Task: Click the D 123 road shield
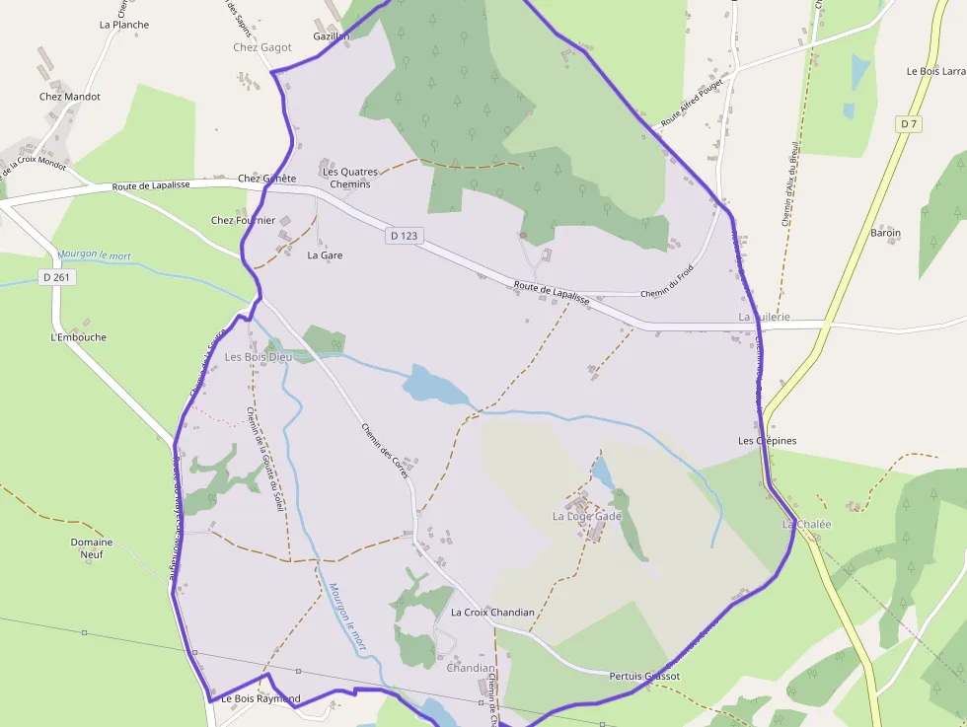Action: pyautogui.click(x=405, y=236)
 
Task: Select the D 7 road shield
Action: pyautogui.click(x=909, y=123)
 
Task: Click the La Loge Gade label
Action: pyautogui.click(x=587, y=516)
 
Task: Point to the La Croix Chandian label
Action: pyautogui.click(x=492, y=613)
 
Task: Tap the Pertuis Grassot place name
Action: pyautogui.click(x=644, y=677)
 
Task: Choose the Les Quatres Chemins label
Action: pyautogui.click(x=350, y=178)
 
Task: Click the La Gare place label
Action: pyautogui.click(x=325, y=254)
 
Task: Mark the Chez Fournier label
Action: pyautogui.click(x=243, y=220)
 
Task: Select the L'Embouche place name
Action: pyautogui.click(x=78, y=337)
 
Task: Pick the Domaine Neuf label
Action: pyautogui.click(x=92, y=548)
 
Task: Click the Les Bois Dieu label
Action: pyautogui.click(x=259, y=356)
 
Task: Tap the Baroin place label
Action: pyautogui.click(x=885, y=234)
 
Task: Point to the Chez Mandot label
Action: pyautogui.click(x=70, y=97)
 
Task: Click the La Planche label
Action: pyautogui.click(x=124, y=25)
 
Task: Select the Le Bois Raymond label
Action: pyautogui.click(x=260, y=699)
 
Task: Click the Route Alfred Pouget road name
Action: pyautogui.click(x=692, y=104)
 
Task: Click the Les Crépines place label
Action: pyautogui.click(x=767, y=441)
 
